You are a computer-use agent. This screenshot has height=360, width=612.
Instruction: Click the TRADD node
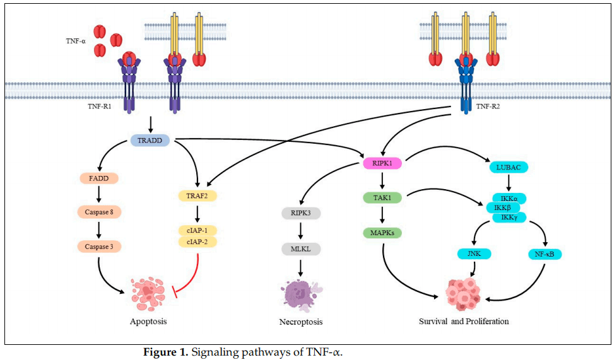150,140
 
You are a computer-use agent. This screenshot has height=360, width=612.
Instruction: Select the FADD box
99,178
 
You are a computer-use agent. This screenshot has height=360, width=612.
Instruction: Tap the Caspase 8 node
99,212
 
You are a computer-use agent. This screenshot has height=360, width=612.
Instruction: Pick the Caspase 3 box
99,247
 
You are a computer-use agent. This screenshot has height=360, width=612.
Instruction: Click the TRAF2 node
197,196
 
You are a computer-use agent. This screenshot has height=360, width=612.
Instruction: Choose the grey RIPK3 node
300,213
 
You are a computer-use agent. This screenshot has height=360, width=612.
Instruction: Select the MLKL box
300,248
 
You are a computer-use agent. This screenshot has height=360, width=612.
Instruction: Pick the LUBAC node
509,167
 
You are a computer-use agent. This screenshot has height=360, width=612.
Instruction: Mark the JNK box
474,254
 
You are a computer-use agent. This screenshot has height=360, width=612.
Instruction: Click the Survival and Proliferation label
463,321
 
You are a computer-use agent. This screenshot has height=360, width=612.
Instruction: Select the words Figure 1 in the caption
167,352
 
